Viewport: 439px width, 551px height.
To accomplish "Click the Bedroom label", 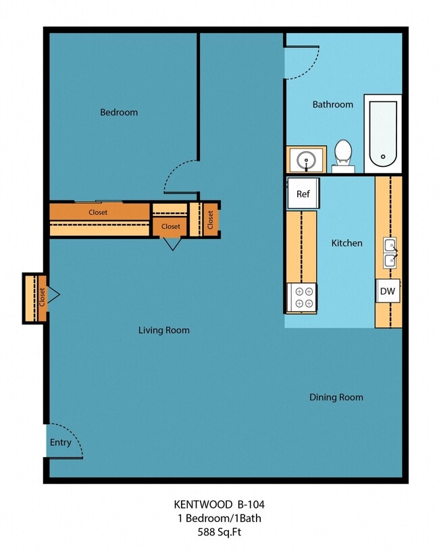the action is [x=119, y=113].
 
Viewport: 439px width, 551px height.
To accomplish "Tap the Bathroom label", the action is [x=333, y=105].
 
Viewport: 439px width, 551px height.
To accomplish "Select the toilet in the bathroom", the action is [x=343, y=156].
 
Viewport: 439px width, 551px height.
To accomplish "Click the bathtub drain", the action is [x=383, y=157].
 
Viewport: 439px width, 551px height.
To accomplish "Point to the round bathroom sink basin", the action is [x=306, y=161].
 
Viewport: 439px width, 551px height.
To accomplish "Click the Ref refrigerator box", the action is [x=303, y=193].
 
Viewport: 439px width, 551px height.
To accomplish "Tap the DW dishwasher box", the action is [x=388, y=291].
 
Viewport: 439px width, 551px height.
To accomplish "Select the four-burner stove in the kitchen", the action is [x=302, y=297].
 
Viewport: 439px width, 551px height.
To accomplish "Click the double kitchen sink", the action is [x=390, y=253].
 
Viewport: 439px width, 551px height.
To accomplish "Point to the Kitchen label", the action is [x=347, y=243].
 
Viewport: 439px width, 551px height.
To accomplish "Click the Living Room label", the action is [x=164, y=330].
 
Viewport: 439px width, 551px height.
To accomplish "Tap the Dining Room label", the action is [x=336, y=398].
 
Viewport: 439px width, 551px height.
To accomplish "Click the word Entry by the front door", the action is [x=61, y=442].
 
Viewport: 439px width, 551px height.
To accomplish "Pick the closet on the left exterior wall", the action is [x=35, y=298].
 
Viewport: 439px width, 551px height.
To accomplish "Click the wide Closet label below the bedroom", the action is [x=98, y=212].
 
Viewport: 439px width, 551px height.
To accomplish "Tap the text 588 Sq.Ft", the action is [x=219, y=532].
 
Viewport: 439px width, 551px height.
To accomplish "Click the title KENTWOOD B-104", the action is [x=219, y=504].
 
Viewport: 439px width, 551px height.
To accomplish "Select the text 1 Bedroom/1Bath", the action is [x=219, y=519].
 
